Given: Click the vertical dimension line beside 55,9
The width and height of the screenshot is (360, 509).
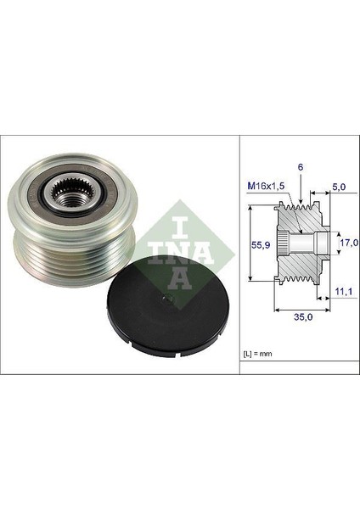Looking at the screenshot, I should (252, 245).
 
